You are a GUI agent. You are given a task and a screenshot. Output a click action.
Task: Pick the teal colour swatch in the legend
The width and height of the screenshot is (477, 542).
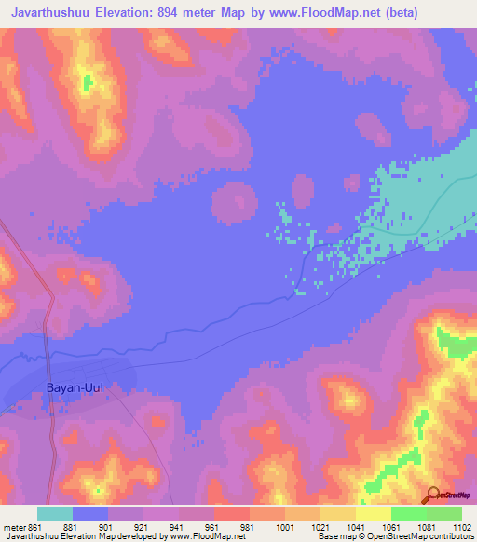[55, 513]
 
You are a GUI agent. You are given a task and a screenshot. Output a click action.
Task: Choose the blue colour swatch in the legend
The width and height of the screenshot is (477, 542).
[90, 513]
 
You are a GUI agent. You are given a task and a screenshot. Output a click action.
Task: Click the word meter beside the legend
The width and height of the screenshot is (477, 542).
[14, 526]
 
